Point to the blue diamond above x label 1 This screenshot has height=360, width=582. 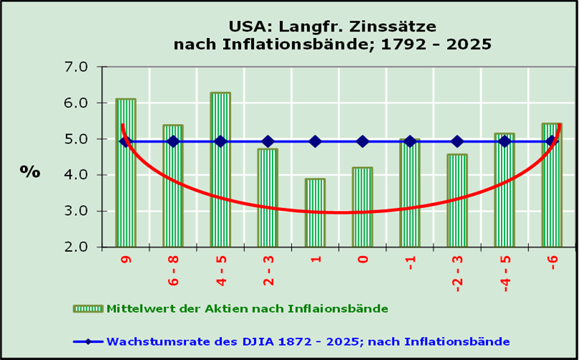pos(315,141)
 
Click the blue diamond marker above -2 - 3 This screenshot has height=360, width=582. pos(457,141)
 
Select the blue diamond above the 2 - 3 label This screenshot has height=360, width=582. pos(268,141)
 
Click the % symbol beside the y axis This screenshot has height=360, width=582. pos(30,171)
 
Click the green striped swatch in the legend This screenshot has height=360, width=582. pos(88,308)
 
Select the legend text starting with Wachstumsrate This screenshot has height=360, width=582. pos(308,341)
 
